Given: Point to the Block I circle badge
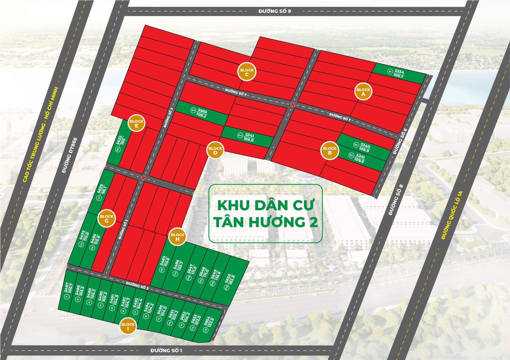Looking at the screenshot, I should coord(128,327).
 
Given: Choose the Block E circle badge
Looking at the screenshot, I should coord(136,123).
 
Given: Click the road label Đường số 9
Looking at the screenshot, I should coord(275,11).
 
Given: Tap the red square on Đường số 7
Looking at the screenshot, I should coord(293,104).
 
